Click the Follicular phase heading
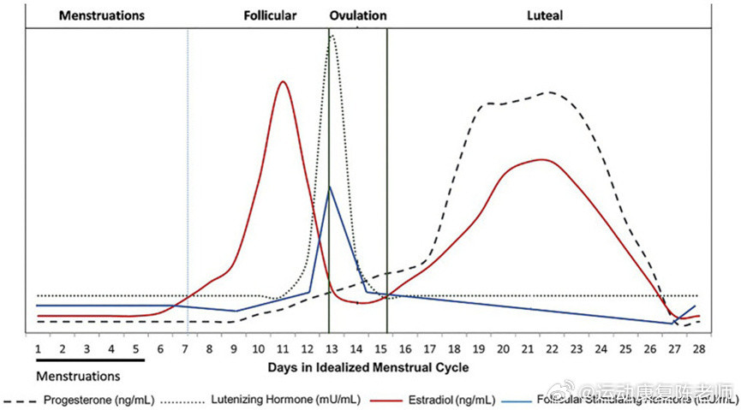click(270, 15)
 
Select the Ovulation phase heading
click(357, 15)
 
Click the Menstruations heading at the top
click(90, 15)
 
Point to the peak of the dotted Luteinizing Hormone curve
click(332, 34)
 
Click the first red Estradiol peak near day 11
click(283, 81)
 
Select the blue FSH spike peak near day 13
click(330, 186)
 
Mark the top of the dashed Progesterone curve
click(550, 92)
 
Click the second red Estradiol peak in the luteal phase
click(541, 159)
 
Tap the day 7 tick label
click(185, 349)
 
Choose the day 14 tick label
click(357, 349)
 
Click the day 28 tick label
click(699, 349)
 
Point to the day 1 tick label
click(38, 349)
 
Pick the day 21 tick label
click(529, 349)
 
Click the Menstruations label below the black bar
click(78, 375)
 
